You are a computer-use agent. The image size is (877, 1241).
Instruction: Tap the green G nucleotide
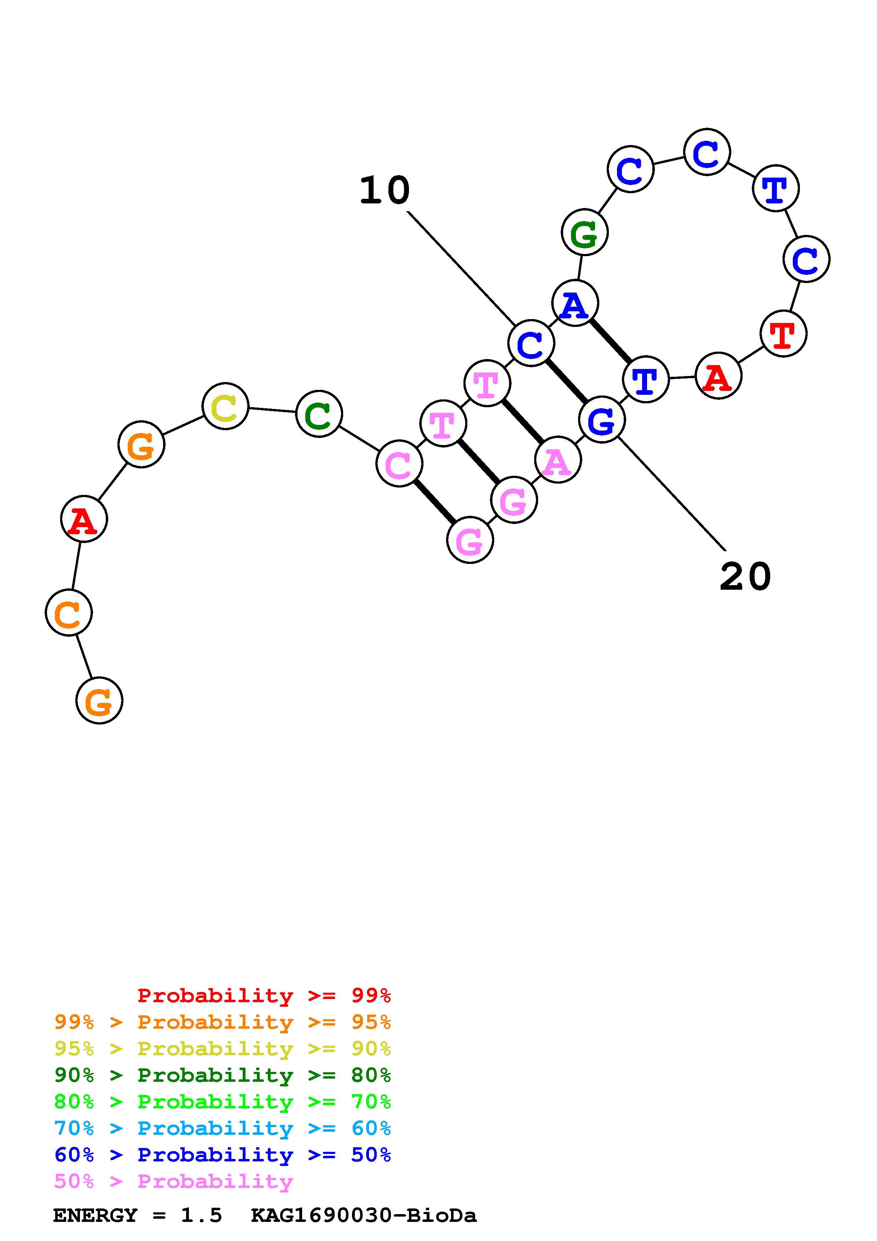point(585,232)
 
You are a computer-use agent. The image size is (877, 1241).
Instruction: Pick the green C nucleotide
point(319,414)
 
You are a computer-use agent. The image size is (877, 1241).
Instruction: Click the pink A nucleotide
point(558,460)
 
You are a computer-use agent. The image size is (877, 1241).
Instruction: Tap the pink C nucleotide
point(399,464)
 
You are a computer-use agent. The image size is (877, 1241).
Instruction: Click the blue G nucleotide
point(601,420)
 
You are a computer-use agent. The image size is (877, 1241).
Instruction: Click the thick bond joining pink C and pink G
point(434,502)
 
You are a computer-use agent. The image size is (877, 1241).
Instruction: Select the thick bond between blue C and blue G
point(566,381)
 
